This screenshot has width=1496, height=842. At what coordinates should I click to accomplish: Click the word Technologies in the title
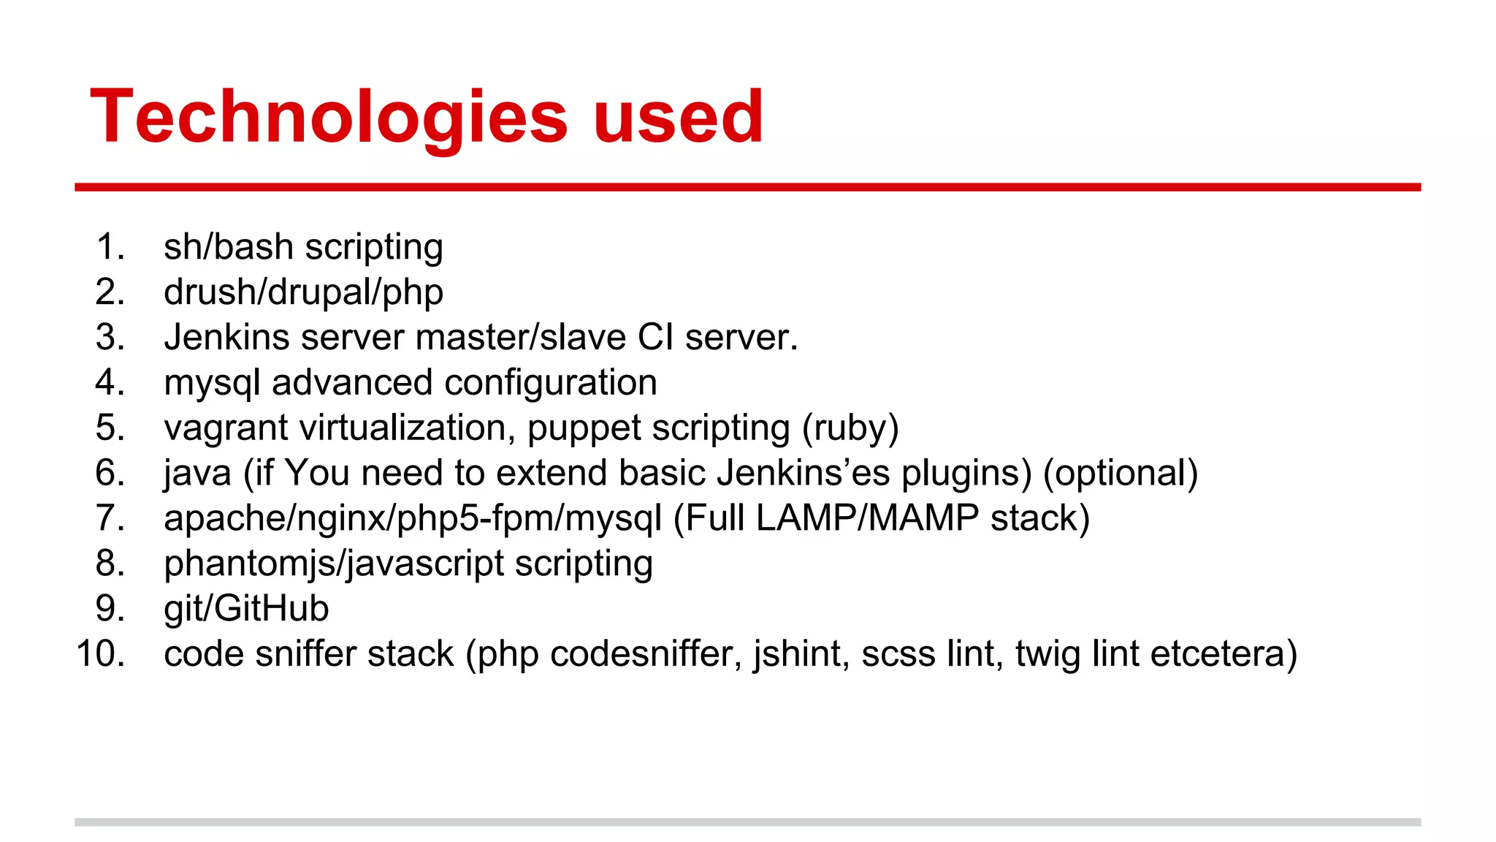[x=329, y=117]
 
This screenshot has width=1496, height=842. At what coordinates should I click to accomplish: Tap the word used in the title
[x=679, y=117]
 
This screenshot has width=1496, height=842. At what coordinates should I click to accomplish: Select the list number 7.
[x=110, y=518]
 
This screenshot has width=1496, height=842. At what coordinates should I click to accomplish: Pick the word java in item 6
[x=197, y=473]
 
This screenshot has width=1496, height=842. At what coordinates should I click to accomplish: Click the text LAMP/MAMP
[x=867, y=518]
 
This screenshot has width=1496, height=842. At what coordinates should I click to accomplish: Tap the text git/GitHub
[x=246, y=609]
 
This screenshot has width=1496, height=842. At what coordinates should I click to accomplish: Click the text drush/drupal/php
[x=303, y=292]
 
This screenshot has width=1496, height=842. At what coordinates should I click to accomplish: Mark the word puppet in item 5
[x=584, y=428]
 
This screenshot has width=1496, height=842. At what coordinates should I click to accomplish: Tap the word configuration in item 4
[x=551, y=383]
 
